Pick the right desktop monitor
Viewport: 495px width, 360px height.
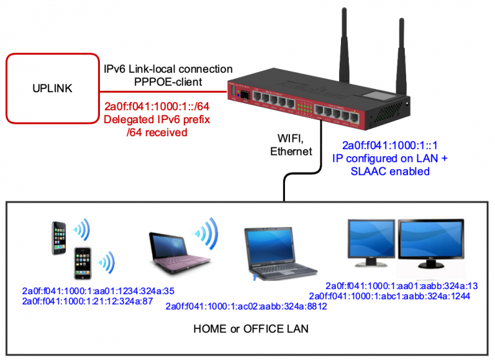427,242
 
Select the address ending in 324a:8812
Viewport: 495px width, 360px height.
247,306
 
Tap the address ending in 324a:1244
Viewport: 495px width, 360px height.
399,296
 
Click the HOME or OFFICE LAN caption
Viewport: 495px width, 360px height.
251,329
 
